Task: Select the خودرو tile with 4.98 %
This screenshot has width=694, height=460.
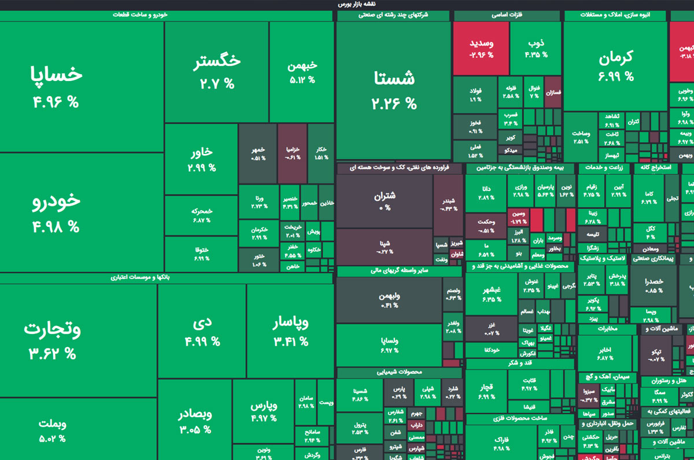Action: [x=56, y=211]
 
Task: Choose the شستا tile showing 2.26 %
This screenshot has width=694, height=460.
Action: [x=393, y=90]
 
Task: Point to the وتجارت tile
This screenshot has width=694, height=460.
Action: [x=52, y=338]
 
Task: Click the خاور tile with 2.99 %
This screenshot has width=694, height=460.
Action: [x=201, y=160]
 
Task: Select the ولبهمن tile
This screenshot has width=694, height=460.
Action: [x=389, y=300]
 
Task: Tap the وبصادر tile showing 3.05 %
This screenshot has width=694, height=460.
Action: [x=194, y=421]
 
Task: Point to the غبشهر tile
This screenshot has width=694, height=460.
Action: [x=491, y=293]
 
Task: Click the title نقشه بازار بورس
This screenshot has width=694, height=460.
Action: [x=356, y=4]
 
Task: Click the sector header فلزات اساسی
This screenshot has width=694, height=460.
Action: [x=507, y=16]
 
